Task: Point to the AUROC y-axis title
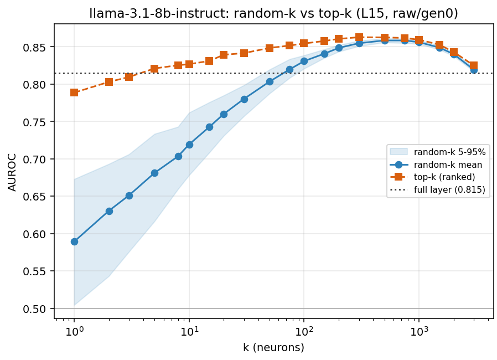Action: point(12,173)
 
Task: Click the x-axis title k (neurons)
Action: point(273,348)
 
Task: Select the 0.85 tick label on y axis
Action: point(34,47)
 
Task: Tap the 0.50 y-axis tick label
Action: point(34,308)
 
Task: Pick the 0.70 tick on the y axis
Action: point(34,159)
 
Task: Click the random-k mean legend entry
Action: point(436,164)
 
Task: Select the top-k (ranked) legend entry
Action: point(433,177)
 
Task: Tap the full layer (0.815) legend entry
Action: point(438,189)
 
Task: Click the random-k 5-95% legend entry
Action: point(438,152)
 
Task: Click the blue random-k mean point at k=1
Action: point(74,241)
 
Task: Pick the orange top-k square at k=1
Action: point(74,92)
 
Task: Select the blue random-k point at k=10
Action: point(189,145)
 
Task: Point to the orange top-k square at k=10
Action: point(189,64)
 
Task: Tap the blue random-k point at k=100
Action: point(304,61)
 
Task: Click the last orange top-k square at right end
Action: point(474,66)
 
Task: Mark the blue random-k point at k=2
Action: point(109,211)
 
